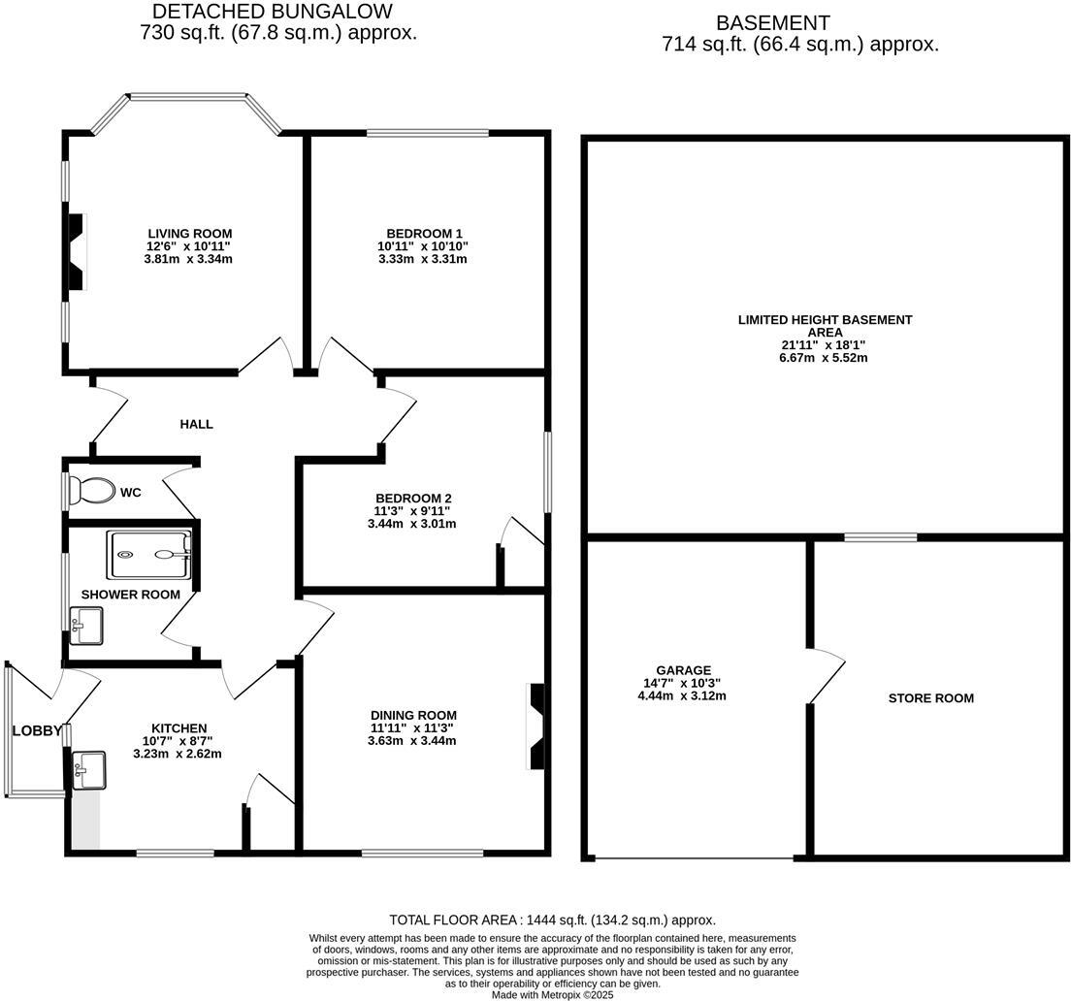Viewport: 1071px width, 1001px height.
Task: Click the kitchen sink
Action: coord(88,770)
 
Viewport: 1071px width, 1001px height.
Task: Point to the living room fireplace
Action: coord(76,252)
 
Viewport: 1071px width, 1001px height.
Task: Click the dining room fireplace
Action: coord(535,727)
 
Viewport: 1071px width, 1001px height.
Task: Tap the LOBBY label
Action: coord(37,730)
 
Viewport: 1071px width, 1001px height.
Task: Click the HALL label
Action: coord(196,424)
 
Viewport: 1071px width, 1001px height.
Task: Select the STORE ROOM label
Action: coord(931,698)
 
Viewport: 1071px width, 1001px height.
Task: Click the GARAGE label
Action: coord(683,670)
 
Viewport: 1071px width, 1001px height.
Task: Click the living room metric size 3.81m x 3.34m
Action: coord(189,259)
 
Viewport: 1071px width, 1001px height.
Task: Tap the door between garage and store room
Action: coord(825,674)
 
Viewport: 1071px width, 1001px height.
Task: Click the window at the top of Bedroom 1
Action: coord(427,133)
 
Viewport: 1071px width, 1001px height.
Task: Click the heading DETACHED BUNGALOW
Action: coord(273,12)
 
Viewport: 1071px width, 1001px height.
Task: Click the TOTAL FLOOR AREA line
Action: coord(552,920)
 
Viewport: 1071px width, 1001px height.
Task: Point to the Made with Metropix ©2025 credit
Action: coord(552,994)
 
